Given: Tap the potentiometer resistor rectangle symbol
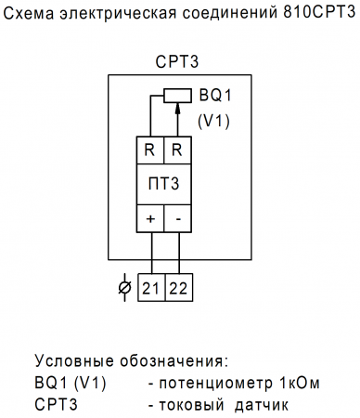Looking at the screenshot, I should pyautogui.click(x=176, y=94).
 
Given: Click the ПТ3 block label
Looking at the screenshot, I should pyautogui.click(x=163, y=186).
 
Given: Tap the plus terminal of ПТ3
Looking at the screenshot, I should pyautogui.click(x=150, y=219).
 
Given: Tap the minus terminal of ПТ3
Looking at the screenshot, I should pyautogui.click(x=176, y=219).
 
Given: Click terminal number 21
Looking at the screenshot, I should pyautogui.click(x=151, y=289).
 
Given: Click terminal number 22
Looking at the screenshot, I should pyautogui.click(x=177, y=289).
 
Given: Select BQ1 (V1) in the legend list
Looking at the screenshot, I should pyautogui.click(x=71, y=383).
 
